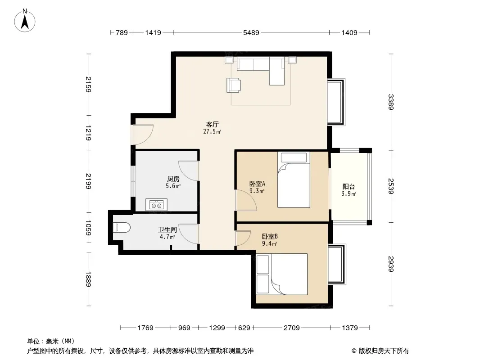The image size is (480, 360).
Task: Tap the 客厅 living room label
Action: [212, 125]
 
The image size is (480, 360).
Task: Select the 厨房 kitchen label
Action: [173, 179]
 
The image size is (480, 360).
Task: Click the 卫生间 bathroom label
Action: [167, 229]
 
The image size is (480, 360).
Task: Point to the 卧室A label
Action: [257, 184]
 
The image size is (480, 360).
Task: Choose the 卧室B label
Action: [270, 236]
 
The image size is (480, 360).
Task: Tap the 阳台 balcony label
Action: [349, 186]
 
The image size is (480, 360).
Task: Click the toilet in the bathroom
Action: [121, 228]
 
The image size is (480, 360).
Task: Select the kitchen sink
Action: [156, 205]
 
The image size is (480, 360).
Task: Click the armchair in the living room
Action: [233, 85]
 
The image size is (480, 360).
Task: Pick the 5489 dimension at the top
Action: [251, 32]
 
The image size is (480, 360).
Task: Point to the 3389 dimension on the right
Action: [390, 102]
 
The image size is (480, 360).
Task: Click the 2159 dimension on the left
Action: [88, 84]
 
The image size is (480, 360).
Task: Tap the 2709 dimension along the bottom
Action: [291, 328]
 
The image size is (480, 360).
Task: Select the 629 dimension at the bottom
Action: [244, 328]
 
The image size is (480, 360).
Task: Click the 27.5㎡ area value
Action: [212, 132]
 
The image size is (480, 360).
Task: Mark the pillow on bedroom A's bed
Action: [294, 157]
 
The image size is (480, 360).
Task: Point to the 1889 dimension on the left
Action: [88, 279]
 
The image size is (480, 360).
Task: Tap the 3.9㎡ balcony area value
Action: [349, 193]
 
